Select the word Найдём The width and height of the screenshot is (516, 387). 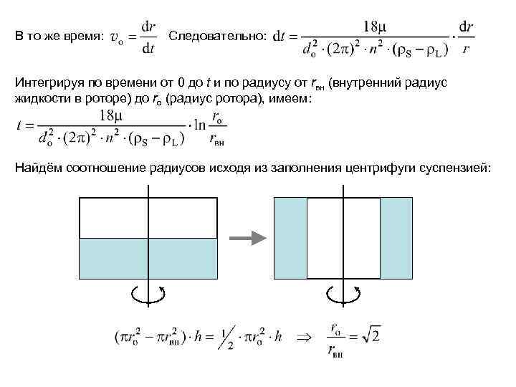point(37,168)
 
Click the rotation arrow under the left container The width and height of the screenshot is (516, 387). point(148,292)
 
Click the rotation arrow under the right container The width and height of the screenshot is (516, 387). point(343,293)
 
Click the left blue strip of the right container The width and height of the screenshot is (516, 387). point(291,238)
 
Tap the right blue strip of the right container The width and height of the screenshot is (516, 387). point(396,238)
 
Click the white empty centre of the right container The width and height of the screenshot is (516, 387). point(343,238)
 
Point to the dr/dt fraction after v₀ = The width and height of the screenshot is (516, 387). point(148,37)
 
